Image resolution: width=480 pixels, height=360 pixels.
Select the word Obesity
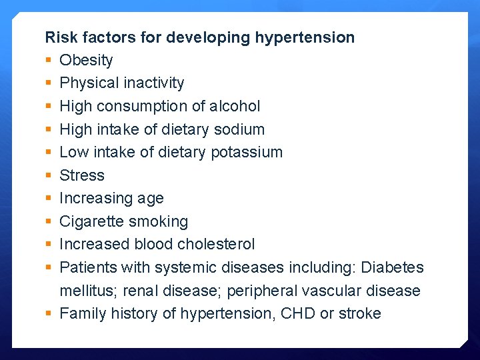86,60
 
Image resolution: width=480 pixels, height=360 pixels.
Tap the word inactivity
152,83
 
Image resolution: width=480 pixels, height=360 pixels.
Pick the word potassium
247,153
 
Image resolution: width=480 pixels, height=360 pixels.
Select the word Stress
82,175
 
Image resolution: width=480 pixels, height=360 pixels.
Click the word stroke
359,314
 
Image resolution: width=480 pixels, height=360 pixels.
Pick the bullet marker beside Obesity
48,61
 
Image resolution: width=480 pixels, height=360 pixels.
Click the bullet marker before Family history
48,314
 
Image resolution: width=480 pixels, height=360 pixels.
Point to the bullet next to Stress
48,176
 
